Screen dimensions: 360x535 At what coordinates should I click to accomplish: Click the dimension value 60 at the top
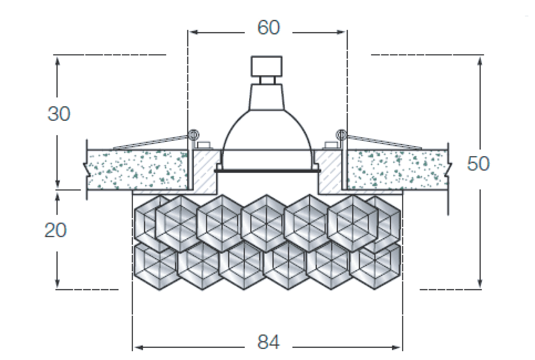click(268, 28)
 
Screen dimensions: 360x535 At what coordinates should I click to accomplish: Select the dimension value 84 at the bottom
click(268, 343)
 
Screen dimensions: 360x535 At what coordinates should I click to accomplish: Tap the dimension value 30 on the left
click(59, 114)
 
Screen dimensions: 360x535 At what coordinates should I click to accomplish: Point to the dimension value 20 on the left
click(55, 230)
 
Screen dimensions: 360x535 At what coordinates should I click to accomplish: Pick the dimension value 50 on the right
click(478, 164)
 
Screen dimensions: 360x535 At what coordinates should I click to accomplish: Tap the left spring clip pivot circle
click(193, 133)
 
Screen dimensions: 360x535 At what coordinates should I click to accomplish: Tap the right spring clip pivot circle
click(341, 133)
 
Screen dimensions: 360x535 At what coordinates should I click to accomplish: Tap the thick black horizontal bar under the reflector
click(267, 170)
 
